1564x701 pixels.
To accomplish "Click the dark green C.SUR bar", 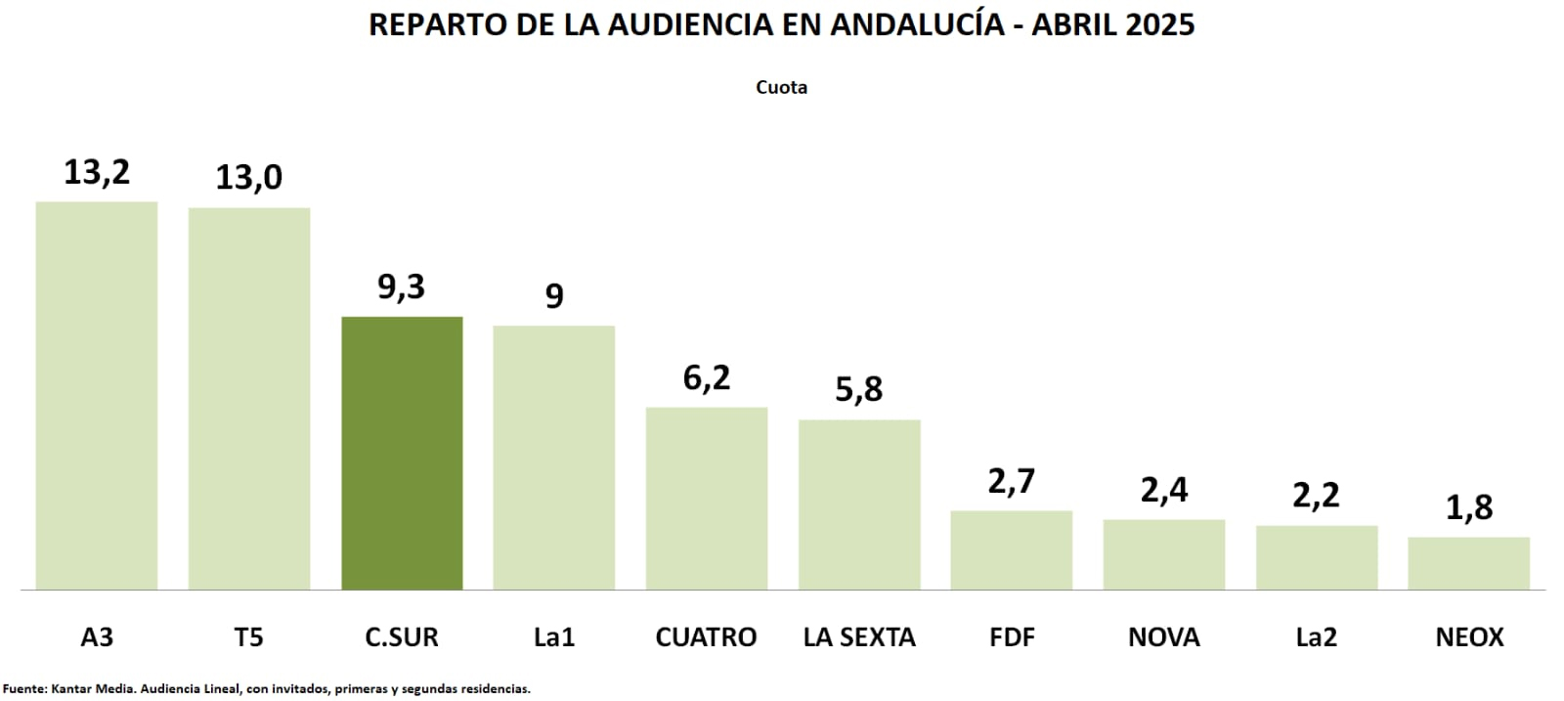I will coord(402,453).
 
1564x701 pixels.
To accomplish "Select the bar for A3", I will coord(97,395).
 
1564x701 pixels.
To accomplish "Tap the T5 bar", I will coord(249,398).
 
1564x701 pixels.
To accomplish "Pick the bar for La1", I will coord(554,457).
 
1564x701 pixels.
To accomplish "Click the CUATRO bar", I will coord(707,498).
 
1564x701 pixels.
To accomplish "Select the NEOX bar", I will coord(1468,563).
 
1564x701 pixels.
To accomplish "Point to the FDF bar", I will coord(1011,549).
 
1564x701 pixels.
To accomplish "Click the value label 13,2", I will coord(97,172).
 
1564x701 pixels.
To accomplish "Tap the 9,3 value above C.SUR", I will coord(402,286).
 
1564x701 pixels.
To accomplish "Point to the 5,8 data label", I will coord(859,389).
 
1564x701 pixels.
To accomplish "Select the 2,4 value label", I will coord(1164,489).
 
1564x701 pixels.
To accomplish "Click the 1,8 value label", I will coord(1469,507).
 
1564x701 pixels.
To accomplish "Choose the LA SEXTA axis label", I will coord(859,637).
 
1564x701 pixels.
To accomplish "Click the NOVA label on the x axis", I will coord(1164,637).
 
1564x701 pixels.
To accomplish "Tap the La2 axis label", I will coord(1316,637).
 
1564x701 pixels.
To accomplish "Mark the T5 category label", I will coord(249,637).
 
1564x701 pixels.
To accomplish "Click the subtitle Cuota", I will coord(781,87).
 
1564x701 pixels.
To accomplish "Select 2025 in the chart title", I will coord(1159,24).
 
